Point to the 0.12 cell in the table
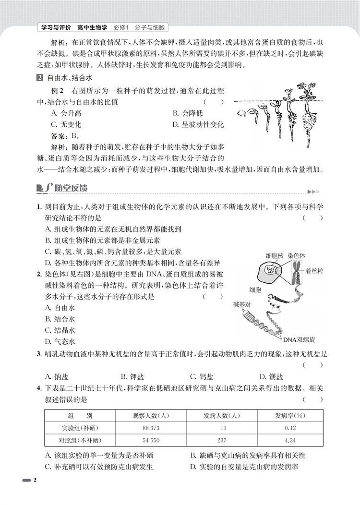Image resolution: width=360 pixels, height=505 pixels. coord(289,428)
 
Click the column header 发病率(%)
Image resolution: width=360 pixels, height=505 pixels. coord(289,415)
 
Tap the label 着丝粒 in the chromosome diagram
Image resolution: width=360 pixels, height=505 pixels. coord(314,271)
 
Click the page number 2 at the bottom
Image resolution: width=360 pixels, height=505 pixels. coord(35,481)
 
